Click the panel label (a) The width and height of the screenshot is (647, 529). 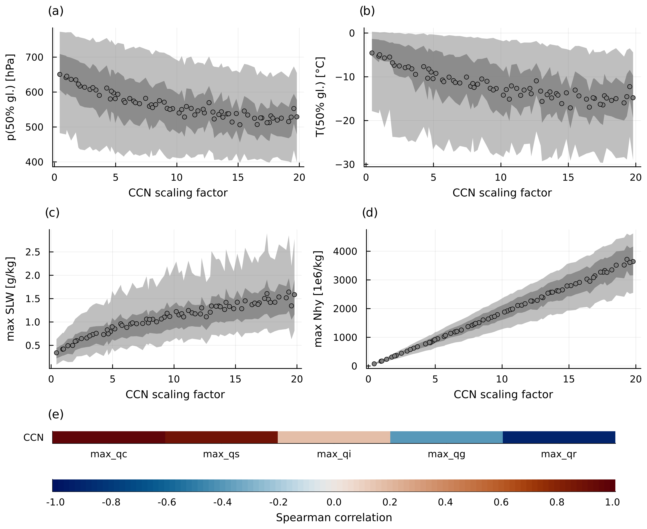coord(56,11)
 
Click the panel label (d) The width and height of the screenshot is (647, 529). coord(370,213)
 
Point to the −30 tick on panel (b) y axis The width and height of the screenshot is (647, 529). coord(345,165)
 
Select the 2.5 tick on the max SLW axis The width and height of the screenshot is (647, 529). coord(32,252)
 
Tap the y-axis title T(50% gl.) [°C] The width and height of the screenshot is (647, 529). coord(320,97)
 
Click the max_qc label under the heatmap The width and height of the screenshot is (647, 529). coord(109,454)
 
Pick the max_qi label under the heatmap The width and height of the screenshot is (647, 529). coord(334,454)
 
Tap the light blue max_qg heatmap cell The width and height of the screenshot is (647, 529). coord(446,437)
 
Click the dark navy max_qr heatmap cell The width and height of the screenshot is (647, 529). coord(559,437)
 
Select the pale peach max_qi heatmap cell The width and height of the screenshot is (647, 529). coord(334,437)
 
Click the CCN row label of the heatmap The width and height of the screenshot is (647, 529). coord(34,438)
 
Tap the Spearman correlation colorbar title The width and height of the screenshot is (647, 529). coord(334,518)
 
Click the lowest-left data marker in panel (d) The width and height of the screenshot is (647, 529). coord(374,364)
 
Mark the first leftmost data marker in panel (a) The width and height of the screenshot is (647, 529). coord(60,74)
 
